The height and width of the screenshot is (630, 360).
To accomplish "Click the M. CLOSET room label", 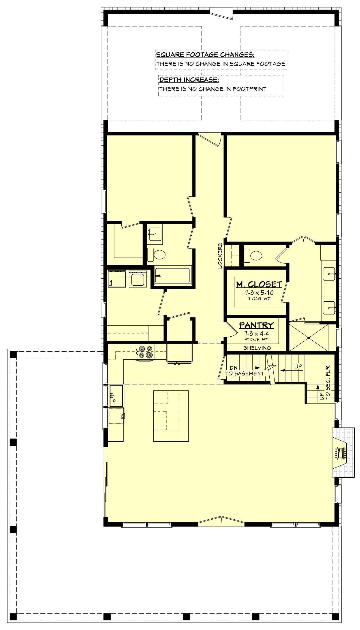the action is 259,284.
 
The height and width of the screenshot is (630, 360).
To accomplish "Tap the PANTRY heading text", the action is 256,325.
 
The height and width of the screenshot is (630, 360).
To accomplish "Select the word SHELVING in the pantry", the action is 257,348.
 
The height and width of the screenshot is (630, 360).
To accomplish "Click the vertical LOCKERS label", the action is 220,255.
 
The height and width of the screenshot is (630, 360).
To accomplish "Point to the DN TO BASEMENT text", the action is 244,371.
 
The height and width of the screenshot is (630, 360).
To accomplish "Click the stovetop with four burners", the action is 145,352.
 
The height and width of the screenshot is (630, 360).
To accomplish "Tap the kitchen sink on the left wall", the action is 116,396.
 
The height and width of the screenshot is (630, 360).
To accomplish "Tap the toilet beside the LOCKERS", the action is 253,255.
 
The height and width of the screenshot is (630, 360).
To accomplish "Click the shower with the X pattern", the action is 309,337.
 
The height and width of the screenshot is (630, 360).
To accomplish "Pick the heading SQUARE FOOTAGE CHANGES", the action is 205,55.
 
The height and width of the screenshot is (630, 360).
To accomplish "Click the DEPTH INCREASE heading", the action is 189,80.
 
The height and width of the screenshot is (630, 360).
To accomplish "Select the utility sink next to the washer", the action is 138,279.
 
